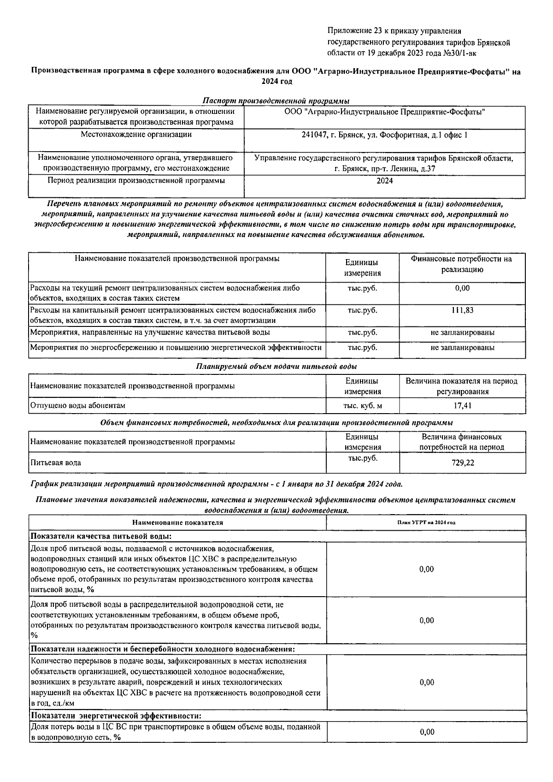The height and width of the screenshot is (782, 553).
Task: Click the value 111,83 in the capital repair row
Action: click(x=462, y=310)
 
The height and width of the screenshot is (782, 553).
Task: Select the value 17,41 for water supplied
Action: click(x=462, y=406)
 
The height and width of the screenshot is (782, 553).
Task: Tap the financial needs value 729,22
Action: click(x=463, y=463)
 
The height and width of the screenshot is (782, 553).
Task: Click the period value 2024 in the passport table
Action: click(x=384, y=181)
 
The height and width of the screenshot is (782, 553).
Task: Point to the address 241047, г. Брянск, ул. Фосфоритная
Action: click(x=384, y=135)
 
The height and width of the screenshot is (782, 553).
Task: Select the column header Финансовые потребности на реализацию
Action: click(x=462, y=264)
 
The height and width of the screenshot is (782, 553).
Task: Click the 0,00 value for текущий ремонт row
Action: click(x=462, y=288)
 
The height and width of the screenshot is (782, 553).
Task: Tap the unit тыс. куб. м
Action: click(x=362, y=406)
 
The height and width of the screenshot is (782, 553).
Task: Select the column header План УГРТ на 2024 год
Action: click(x=426, y=522)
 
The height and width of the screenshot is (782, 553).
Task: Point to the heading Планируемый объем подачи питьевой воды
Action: click(x=276, y=367)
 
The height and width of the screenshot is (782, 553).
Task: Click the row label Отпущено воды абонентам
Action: click(x=78, y=406)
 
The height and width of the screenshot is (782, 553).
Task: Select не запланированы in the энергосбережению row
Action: click(x=462, y=348)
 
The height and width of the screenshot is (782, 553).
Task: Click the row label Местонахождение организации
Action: click(x=136, y=135)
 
